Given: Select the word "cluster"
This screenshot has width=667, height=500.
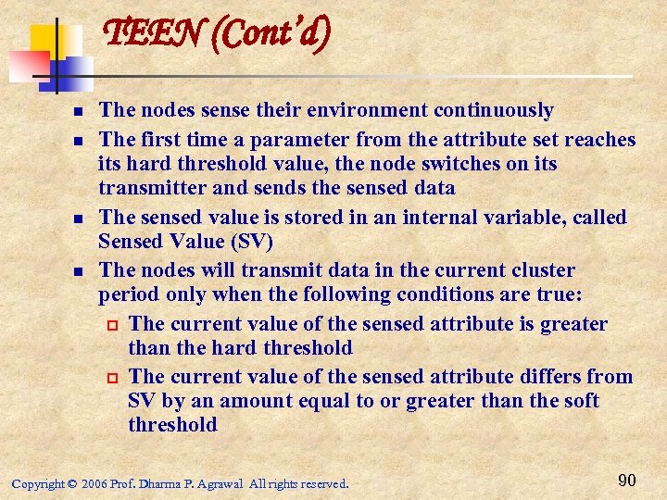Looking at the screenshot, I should [x=541, y=271].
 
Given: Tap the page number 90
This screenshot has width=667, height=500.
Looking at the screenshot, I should [x=626, y=480].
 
